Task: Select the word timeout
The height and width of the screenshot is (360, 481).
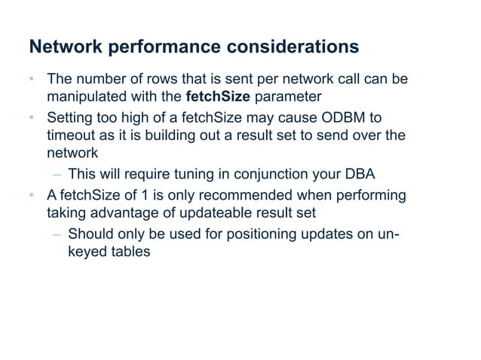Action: click(x=73, y=137)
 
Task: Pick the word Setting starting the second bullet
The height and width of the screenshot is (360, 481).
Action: click(x=72, y=118)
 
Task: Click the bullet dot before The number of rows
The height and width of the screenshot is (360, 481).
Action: click(x=32, y=79)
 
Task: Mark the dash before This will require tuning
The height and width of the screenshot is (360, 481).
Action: click(x=57, y=176)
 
